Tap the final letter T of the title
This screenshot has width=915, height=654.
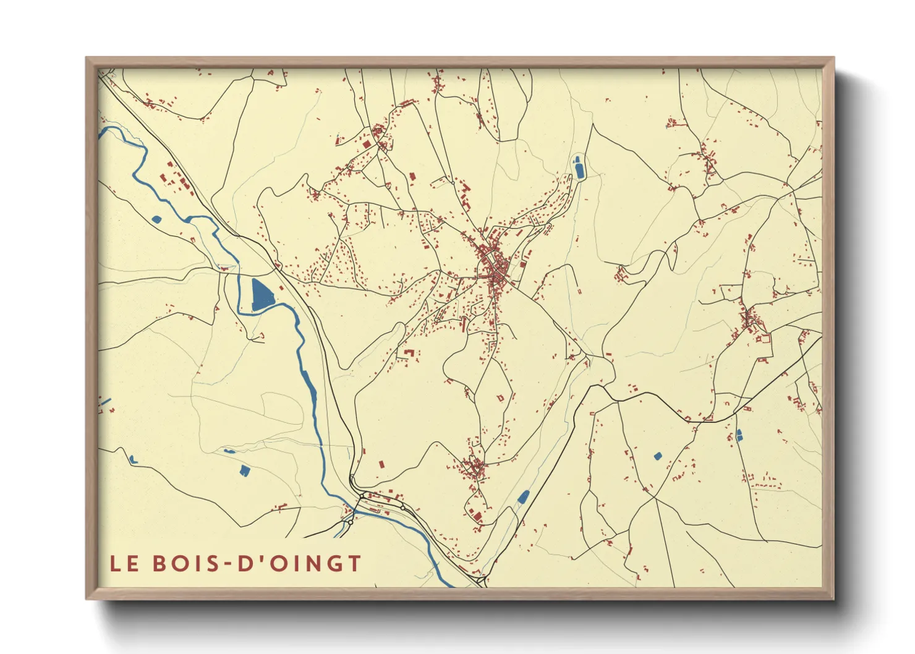click(x=354, y=564)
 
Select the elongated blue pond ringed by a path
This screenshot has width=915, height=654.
click(x=579, y=168)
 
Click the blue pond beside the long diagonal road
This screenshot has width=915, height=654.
click(x=524, y=496)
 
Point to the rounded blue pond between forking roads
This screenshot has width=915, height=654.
click(x=658, y=456)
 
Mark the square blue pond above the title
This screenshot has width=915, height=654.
click(x=245, y=471)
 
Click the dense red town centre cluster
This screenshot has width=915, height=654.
click(x=495, y=266)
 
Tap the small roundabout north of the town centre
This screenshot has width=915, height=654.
click(x=453, y=183)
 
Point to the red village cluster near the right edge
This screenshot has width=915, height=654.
click(x=751, y=320)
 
